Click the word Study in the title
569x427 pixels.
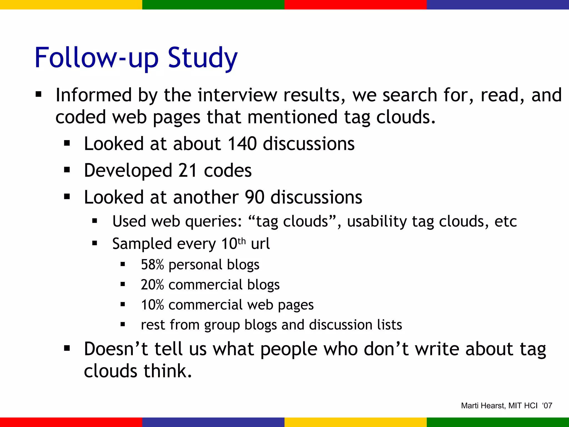(203, 58)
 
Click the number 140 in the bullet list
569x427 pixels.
(242, 144)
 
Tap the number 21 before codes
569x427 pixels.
(188, 170)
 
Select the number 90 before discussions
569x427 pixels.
(254, 197)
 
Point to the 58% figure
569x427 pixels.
(152, 265)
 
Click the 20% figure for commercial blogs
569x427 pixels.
(152, 285)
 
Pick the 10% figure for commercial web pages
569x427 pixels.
(152, 305)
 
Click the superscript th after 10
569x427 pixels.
(242, 241)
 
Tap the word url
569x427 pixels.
(260, 244)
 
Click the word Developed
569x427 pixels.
(128, 170)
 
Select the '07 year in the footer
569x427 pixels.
(547, 406)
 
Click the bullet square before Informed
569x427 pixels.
(38, 95)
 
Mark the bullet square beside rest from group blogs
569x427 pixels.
(123, 324)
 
